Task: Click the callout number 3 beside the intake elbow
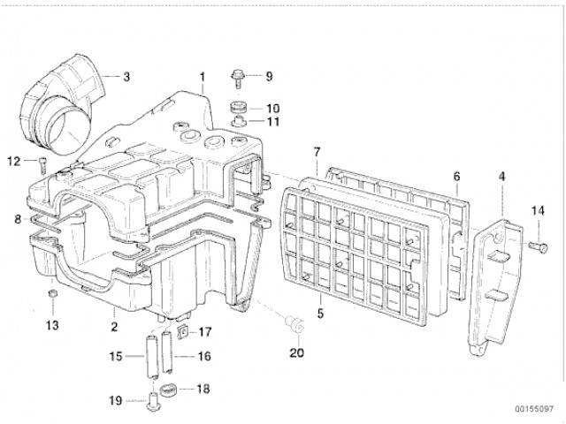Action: point(126,77)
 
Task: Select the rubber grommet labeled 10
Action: point(238,108)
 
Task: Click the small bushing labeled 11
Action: point(239,122)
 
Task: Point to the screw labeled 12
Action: point(42,165)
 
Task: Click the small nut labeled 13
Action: point(53,293)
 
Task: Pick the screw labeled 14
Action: point(539,247)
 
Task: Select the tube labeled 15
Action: point(153,357)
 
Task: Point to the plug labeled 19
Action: point(153,403)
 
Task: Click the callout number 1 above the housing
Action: point(203,78)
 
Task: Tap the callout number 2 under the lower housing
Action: point(114,327)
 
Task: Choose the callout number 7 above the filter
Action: point(317,152)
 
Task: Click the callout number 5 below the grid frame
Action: point(320,314)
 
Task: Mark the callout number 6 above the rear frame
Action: point(457,177)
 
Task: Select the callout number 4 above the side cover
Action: point(501,177)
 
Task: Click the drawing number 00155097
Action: point(534,409)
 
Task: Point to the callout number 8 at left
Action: point(18,219)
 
